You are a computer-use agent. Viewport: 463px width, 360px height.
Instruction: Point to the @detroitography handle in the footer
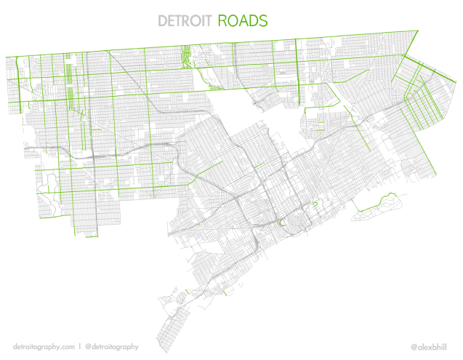(x=111, y=346)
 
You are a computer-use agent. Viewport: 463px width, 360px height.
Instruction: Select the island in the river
(x=378, y=203)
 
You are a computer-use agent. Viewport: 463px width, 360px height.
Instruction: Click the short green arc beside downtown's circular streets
(x=281, y=222)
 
